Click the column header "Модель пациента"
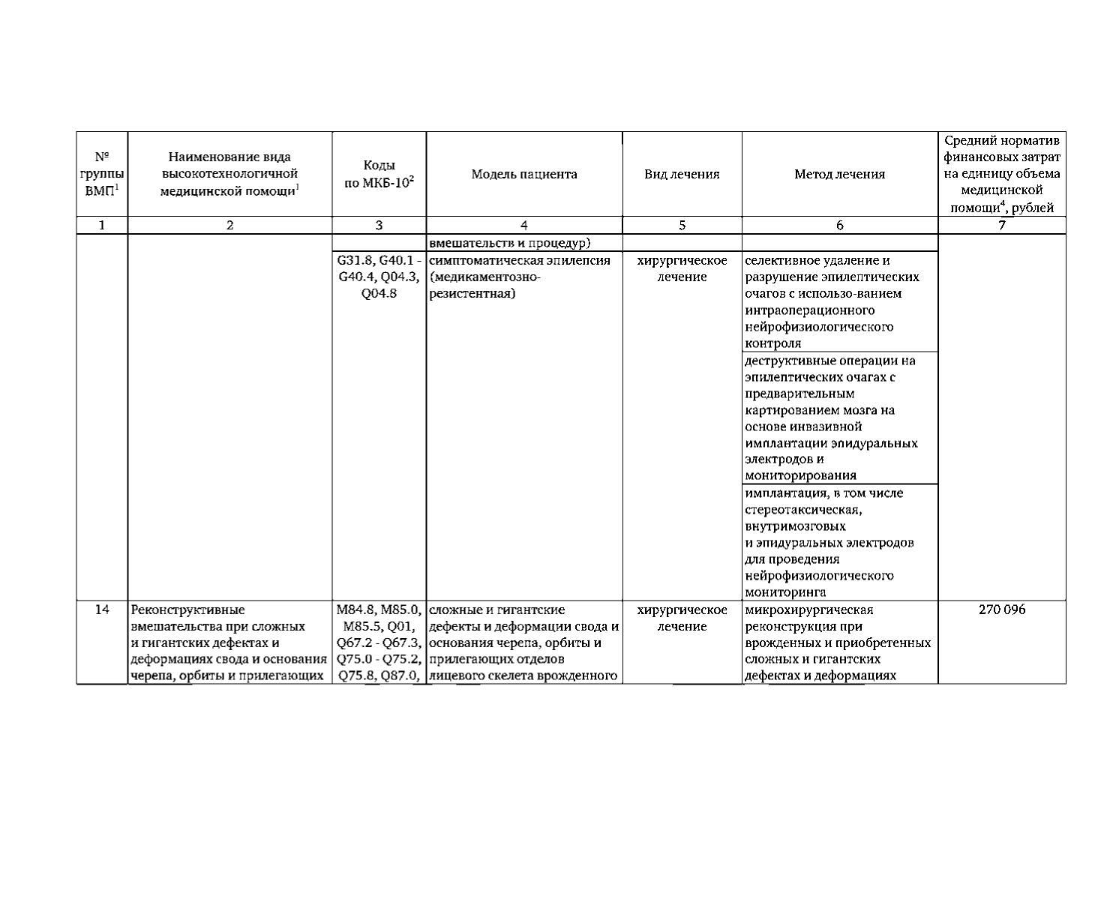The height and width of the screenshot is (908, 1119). coord(524,175)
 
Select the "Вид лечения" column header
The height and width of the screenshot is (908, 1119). coord(682,175)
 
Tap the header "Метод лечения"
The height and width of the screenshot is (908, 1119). coord(839,175)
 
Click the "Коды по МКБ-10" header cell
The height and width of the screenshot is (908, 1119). coord(379,175)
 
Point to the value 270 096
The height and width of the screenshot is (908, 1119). coord(1001,610)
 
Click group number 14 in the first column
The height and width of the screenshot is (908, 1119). coord(103,610)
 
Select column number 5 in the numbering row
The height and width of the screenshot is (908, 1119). coord(682,225)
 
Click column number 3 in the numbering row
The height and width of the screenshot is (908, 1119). coord(379,225)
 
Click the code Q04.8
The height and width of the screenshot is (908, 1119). coord(379,294)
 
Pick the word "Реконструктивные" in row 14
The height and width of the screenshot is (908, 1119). coord(187,610)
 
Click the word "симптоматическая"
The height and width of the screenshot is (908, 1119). coord(477,261)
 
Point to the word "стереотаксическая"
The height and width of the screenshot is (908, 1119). coord(802,510)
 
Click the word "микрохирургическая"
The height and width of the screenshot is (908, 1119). coord(808,610)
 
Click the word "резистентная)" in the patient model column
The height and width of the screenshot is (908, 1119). coord(472,294)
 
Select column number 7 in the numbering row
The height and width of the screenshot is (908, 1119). coord(1001,225)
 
